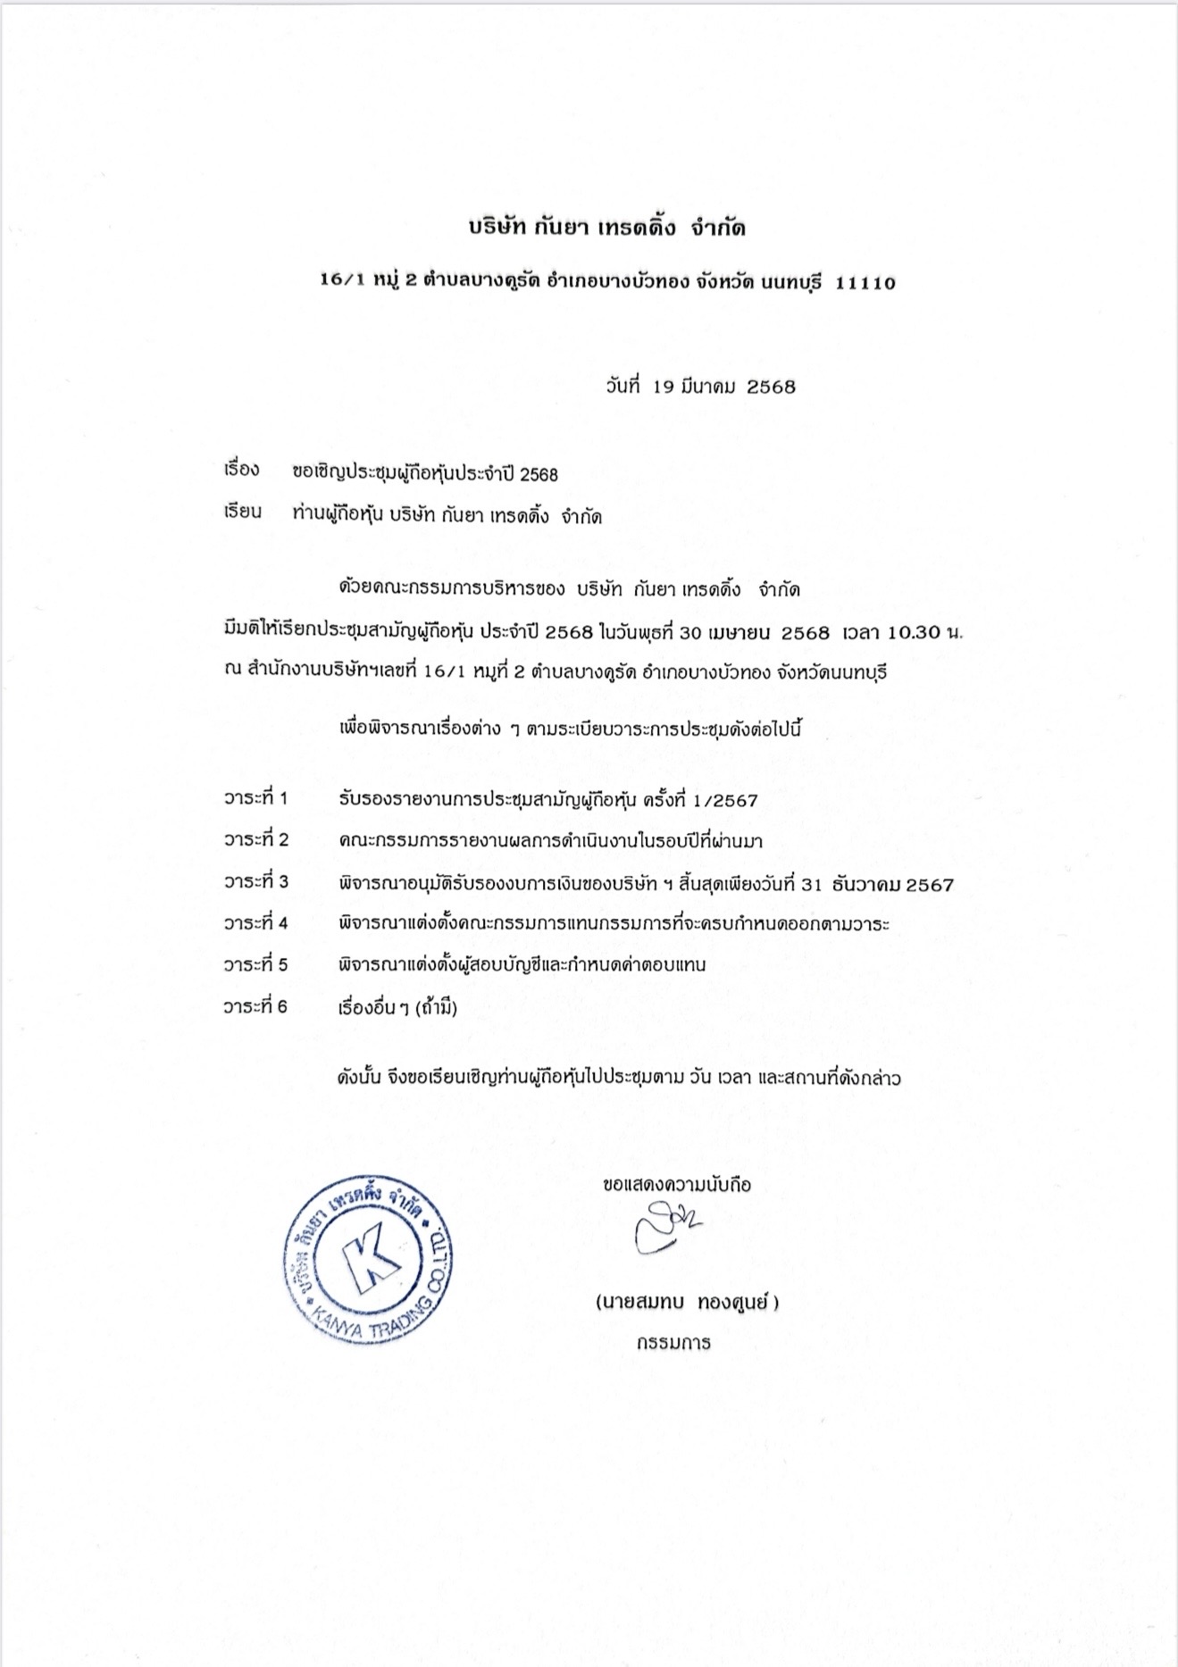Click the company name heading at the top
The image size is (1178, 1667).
pos(607,229)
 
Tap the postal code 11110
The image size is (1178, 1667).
pos(865,283)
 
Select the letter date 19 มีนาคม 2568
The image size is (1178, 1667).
pos(699,388)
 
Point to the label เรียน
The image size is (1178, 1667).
pos(243,513)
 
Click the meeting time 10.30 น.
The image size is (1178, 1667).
pos(924,633)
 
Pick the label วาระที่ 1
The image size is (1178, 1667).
pos(256,798)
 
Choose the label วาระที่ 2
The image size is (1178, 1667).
pos(256,840)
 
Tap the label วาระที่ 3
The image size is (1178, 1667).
pos(256,882)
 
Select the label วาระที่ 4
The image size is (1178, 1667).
pos(256,923)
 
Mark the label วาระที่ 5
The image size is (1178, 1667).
pos(256,965)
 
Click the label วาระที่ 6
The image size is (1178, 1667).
pos(256,1007)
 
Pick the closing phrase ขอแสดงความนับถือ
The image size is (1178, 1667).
pos(677,1185)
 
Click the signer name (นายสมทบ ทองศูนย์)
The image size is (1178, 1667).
pos(688,1303)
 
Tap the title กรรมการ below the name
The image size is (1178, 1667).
pos(674,1343)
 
